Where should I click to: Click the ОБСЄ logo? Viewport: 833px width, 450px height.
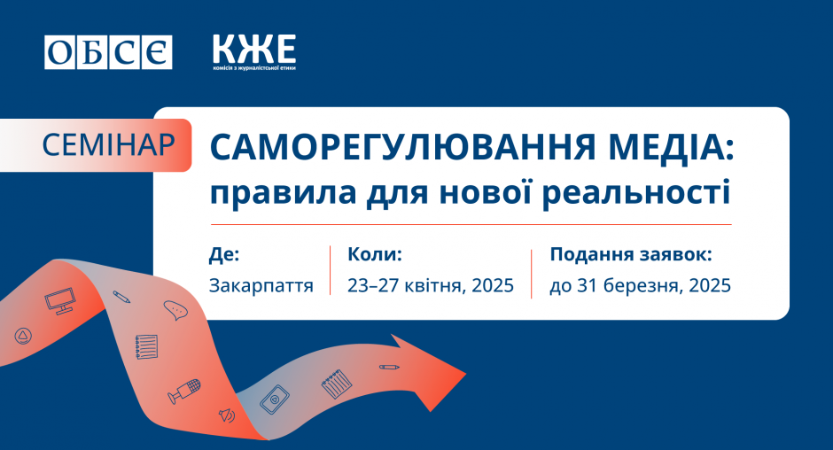click(108, 52)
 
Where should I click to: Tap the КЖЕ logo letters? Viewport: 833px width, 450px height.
click(254, 49)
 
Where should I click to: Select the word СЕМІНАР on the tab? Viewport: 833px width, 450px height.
click(108, 144)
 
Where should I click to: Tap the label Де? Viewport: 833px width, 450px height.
click(224, 254)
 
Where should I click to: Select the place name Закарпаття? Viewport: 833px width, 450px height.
click(261, 286)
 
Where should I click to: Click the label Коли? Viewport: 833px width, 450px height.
click(375, 254)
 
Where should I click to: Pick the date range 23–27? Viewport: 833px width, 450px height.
click(373, 285)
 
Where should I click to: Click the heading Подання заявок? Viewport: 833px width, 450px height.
click(631, 254)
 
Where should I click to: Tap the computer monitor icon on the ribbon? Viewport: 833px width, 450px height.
click(60, 300)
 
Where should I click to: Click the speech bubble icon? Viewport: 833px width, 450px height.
click(175, 310)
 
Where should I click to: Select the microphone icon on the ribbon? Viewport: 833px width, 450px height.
click(184, 391)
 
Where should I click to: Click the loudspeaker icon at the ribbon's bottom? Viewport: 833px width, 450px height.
click(228, 415)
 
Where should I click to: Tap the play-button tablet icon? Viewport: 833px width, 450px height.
click(275, 399)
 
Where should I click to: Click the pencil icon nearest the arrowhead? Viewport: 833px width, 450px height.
click(389, 367)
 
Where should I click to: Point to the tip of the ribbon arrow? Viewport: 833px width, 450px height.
click(466, 374)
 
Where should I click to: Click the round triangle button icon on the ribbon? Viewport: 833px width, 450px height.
click(23, 336)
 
